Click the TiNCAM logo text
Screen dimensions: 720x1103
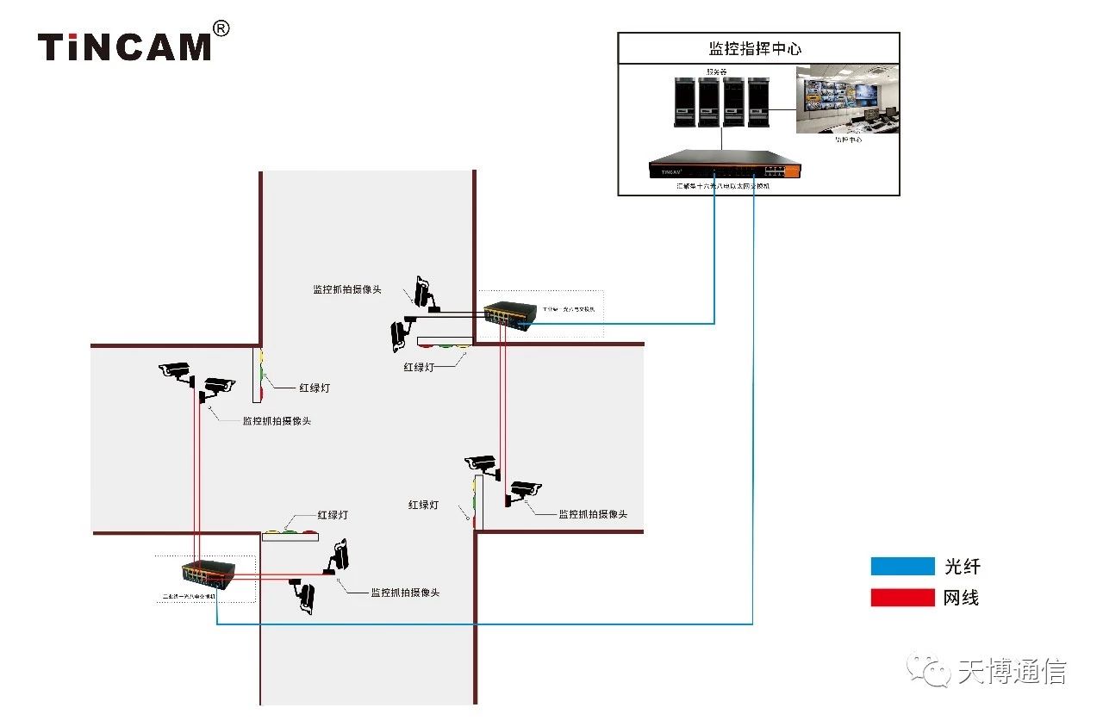coord(124,47)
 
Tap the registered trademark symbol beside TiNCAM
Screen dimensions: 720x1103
coord(221,29)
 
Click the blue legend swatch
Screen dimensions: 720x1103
coord(902,567)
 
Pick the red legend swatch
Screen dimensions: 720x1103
coord(902,598)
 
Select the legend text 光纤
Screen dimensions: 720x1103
coord(963,567)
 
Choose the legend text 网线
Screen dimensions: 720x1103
coord(962,598)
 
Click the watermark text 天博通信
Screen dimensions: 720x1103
coord(1012,672)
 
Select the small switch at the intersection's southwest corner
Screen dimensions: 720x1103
coord(208,574)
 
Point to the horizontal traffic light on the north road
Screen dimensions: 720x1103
coord(444,343)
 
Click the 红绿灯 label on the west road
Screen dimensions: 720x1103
coord(314,388)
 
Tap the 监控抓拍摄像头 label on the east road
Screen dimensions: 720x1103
coord(593,514)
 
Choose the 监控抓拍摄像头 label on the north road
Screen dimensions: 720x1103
coord(347,289)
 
